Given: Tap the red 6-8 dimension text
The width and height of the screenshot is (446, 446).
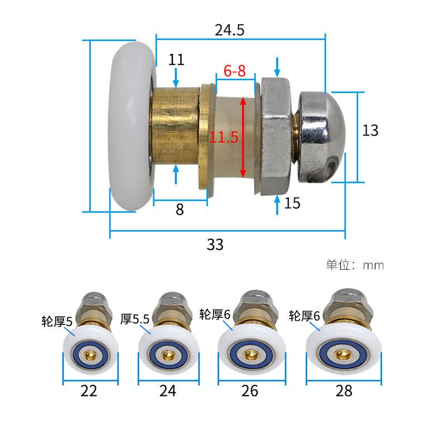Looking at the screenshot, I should pyautogui.click(x=234, y=71).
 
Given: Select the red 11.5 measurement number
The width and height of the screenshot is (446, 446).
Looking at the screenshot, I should pyautogui.click(x=224, y=137).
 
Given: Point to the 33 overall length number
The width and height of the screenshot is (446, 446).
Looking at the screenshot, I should pyautogui.click(x=215, y=244).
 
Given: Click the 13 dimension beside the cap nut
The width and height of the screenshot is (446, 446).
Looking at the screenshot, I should pyautogui.click(x=370, y=130).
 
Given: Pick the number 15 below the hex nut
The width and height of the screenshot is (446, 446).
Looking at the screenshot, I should pyautogui.click(x=292, y=203).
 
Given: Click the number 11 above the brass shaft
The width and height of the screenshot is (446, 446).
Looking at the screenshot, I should pyautogui.click(x=176, y=60).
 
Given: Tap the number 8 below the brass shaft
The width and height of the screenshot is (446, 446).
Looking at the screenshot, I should pyautogui.click(x=180, y=210).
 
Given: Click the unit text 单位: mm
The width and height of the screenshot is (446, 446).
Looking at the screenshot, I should pyautogui.click(x=355, y=265).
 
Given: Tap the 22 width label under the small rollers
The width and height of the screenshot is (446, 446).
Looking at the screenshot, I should pyautogui.click(x=89, y=391).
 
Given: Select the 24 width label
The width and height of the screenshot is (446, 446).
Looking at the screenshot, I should pyautogui.click(x=167, y=391).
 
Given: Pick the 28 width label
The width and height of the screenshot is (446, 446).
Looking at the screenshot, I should pyautogui.click(x=344, y=391).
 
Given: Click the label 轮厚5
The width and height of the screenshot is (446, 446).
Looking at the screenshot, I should pyautogui.click(x=57, y=321).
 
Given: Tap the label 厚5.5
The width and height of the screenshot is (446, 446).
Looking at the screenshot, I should pyautogui.click(x=135, y=319).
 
